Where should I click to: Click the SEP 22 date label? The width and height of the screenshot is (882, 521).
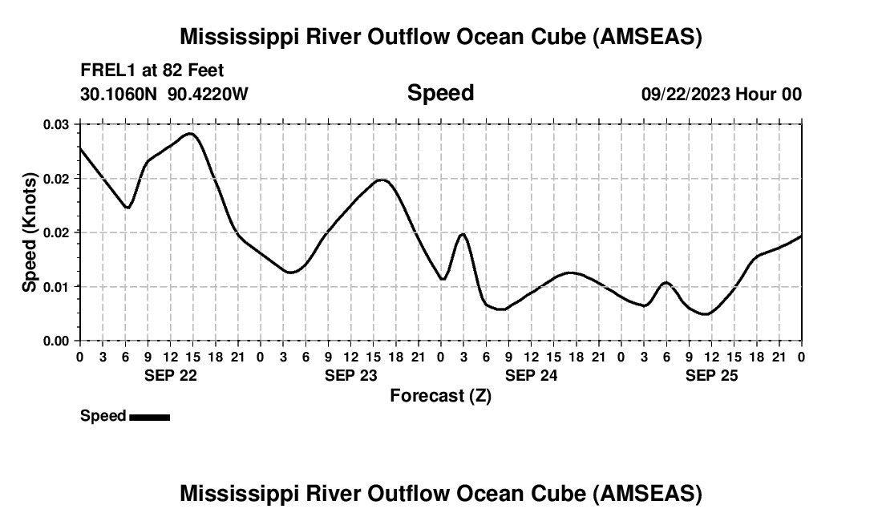[170, 375]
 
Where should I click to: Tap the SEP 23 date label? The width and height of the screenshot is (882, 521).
[350, 375]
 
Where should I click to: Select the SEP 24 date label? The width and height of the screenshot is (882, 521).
[531, 375]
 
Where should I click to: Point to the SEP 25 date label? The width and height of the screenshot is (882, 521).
[711, 375]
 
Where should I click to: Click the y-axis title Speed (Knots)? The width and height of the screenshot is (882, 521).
[30, 232]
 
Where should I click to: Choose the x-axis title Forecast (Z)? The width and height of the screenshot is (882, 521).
[440, 395]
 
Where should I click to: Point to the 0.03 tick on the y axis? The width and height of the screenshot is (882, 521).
[57, 124]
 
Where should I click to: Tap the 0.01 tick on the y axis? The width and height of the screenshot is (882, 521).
[57, 286]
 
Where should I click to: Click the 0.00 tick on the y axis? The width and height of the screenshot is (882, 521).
[57, 341]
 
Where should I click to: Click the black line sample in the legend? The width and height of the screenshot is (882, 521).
[149, 417]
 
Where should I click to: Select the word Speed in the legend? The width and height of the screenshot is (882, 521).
[103, 416]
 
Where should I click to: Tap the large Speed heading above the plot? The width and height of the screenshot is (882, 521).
[440, 93]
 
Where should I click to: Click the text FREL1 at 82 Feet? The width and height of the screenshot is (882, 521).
[152, 71]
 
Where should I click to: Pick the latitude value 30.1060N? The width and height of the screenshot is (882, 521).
[119, 95]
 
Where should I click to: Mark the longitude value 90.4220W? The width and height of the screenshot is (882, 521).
[208, 95]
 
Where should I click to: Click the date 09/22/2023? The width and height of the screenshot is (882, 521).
[686, 95]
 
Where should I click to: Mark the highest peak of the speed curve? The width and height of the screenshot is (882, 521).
[190, 134]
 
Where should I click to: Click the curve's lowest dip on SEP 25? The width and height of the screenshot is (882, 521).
[706, 314]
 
